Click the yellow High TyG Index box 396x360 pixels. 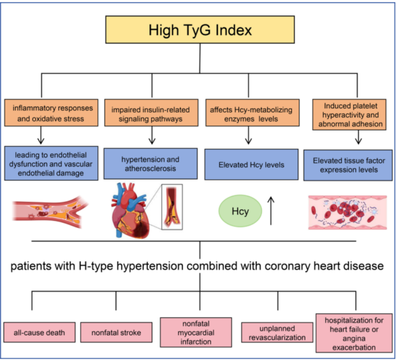click(200, 29)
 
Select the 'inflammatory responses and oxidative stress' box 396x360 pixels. click(51, 113)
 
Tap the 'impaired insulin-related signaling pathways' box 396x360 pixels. click(151, 113)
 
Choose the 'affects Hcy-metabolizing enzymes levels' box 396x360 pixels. click(253, 113)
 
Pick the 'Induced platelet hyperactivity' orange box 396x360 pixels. click(349, 114)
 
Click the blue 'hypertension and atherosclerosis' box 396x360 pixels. click(151, 164)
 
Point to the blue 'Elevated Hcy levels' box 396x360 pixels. click(251, 164)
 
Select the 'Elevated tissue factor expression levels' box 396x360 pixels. click(348, 166)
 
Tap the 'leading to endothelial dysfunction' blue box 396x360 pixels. click(51, 163)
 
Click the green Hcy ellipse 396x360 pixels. click(240, 211)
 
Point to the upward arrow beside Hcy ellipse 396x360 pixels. click(271, 211)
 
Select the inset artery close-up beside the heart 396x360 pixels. click(172, 207)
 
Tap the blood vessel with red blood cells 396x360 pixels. click(347, 212)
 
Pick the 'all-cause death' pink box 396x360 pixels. click(40, 332)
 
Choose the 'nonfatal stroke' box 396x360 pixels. click(116, 332)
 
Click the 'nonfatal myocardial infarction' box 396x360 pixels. click(196, 332)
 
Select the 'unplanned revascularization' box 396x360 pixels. click(277, 332)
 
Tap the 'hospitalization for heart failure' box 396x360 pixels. click(354, 333)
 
